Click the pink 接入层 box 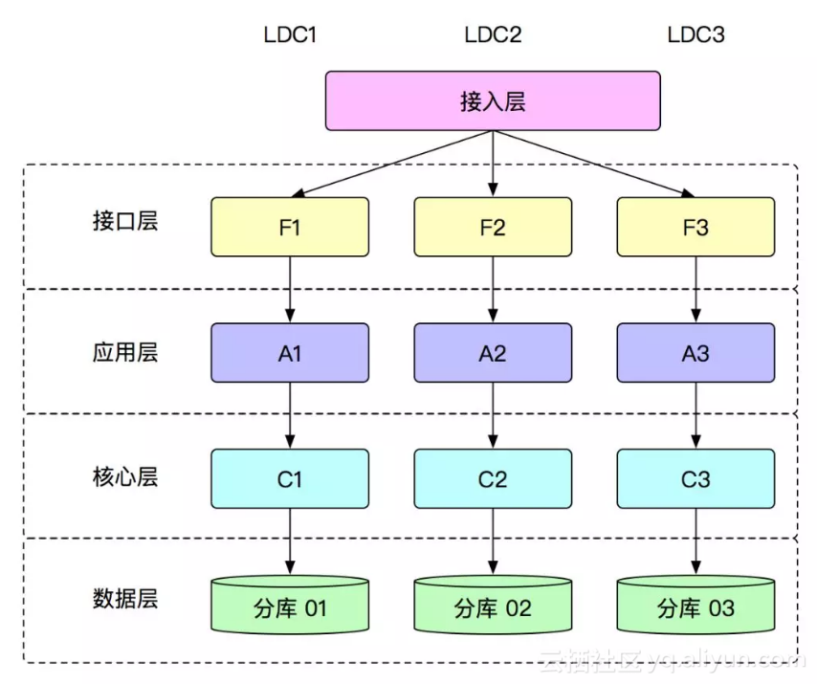click(493, 100)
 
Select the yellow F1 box click(290, 227)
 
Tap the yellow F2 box click(493, 227)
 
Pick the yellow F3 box click(696, 227)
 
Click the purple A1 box click(290, 353)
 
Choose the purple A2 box click(493, 353)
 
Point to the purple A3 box click(696, 353)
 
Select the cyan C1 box click(290, 478)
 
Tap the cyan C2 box click(493, 478)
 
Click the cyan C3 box click(696, 478)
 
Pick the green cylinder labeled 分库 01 click(290, 606)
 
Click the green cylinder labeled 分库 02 click(493, 606)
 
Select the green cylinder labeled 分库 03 click(696, 606)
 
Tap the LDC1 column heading click(290, 35)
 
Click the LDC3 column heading click(696, 35)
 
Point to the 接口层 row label click(125, 221)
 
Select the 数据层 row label click(125, 600)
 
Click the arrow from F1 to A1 click(290, 290)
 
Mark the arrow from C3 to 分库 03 click(696, 541)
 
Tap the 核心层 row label click(125, 476)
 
